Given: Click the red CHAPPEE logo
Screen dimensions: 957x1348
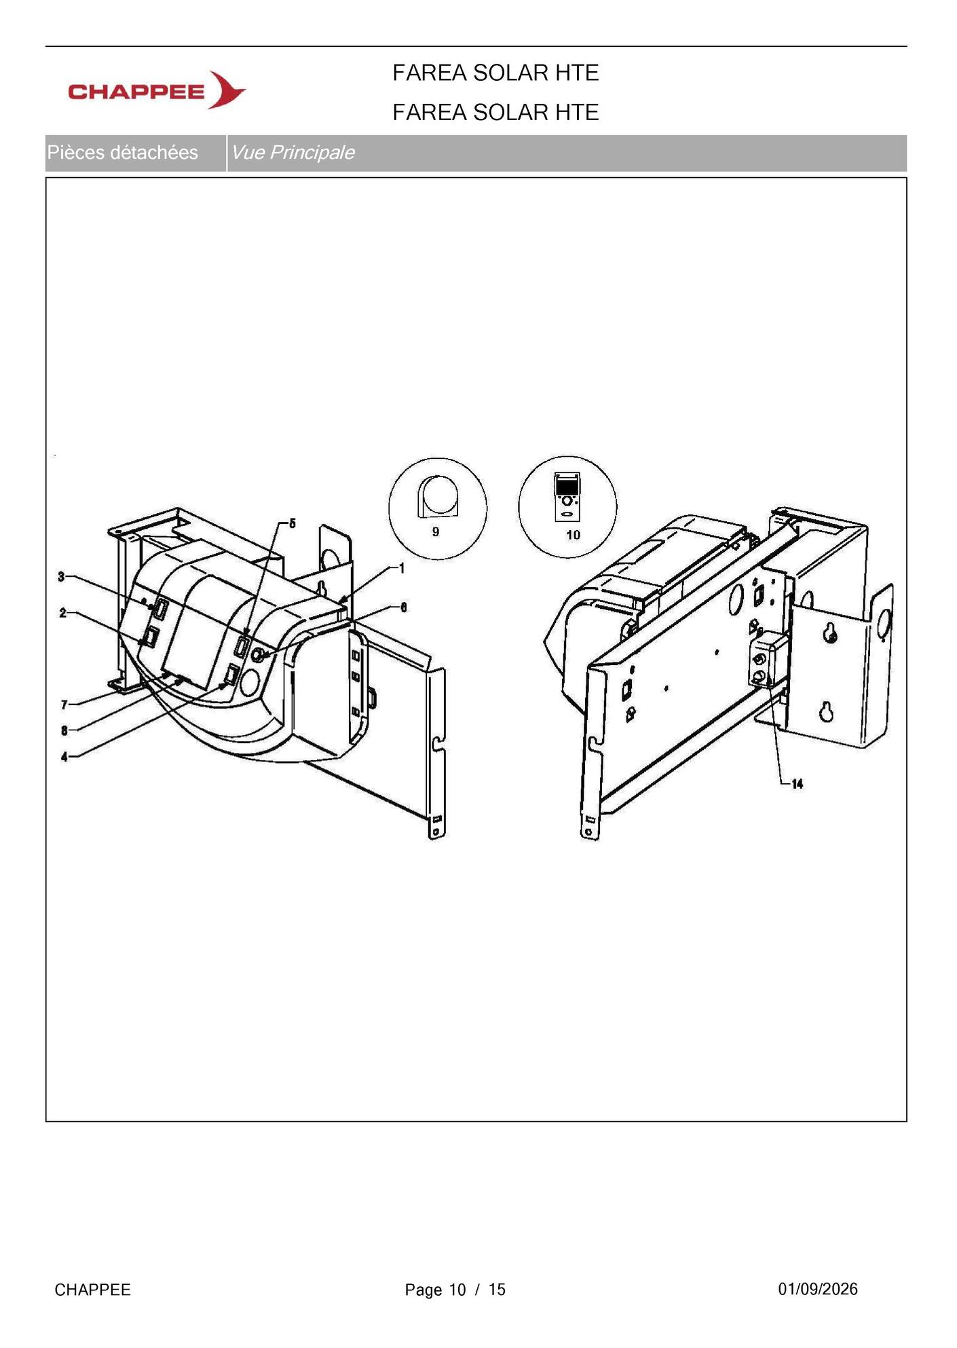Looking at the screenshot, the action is pyautogui.click(x=157, y=90).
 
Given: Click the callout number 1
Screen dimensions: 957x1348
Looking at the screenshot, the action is pyautogui.click(x=402, y=568).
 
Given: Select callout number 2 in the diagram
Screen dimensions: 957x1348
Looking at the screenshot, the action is pyautogui.click(x=63, y=613).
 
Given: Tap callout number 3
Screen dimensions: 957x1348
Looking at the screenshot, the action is pyautogui.click(x=61, y=577).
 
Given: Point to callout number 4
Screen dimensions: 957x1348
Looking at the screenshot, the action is pyautogui.click(x=64, y=757).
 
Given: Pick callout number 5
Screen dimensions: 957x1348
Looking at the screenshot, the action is pyautogui.click(x=293, y=523).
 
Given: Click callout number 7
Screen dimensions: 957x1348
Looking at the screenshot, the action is pyautogui.click(x=64, y=705).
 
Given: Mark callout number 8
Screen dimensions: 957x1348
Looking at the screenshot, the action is pyautogui.click(x=64, y=730).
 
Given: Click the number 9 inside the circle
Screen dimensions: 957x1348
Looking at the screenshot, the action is pyautogui.click(x=436, y=531).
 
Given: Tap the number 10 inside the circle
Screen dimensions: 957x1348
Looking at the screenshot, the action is pyautogui.click(x=574, y=535).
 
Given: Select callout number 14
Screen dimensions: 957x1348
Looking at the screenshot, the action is pyautogui.click(x=797, y=784).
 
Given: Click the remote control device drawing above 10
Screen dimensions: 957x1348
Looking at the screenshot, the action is pyautogui.click(x=567, y=497).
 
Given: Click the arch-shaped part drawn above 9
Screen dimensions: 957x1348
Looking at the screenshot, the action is pyautogui.click(x=438, y=496).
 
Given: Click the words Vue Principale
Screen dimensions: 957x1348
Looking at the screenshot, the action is pyautogui.click(x=293, y=153).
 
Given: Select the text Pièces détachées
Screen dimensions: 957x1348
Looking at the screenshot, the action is pyautogui.click(x=122, y=153).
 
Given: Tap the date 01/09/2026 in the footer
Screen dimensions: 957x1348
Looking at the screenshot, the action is pyautogui.click(x=818, y=1290).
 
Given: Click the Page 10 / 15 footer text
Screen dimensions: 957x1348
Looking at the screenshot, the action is pyautogui.click(x=455, y=1290).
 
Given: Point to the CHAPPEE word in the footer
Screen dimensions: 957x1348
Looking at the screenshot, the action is pyautogui.click(x=92, y=1290).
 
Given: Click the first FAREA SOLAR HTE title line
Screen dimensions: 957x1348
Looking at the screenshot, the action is pyautogui.click(x=495, y=73).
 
